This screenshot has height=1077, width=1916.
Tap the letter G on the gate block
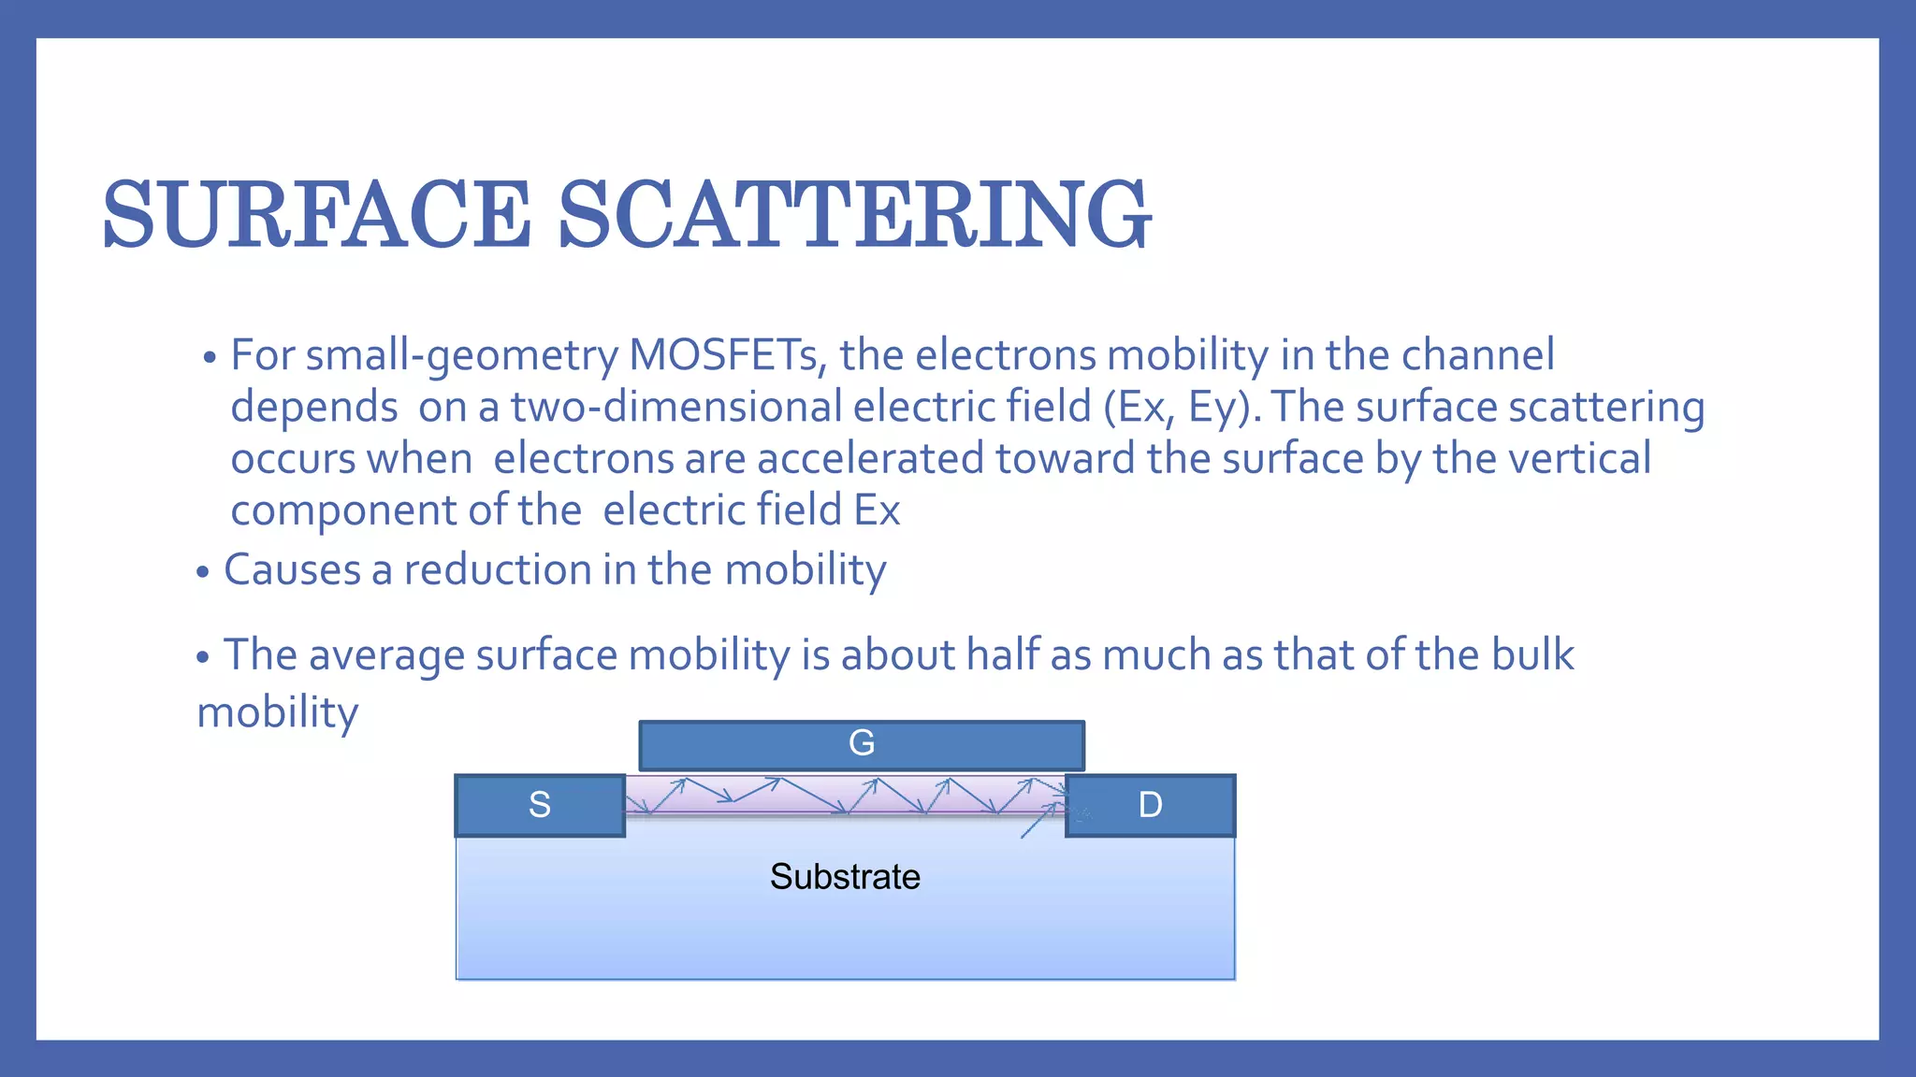click(861, 743)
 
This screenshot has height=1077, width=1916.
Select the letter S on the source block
click(540, 805)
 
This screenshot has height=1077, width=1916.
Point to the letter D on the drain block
click(1150, 805)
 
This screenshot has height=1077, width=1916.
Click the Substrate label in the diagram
click(845, 877)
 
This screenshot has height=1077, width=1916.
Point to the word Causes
click(292, 570)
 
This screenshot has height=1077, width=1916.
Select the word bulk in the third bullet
click(1532, 654)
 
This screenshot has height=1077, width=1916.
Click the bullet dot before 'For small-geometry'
click(210, 358)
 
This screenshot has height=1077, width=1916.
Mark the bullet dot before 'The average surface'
click(203, 658)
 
